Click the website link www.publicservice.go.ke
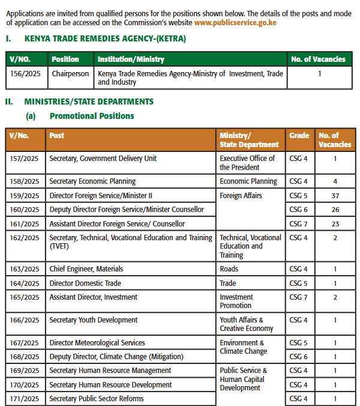click(235, 22)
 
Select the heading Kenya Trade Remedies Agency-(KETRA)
click(105, 39)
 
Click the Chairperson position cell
click(70, 74)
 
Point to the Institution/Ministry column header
click(131, 59)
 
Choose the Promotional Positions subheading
click(92, 116)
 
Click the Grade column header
click(299, 136)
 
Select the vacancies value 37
click(335, 195)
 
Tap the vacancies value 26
click(335, 210)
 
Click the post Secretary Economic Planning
click(92, 181)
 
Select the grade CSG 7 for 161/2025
click(299, 224)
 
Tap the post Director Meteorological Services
click(97, 343)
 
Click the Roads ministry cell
click(229, 269)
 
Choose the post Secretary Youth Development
click(93, 320)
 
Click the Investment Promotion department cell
click(236, 301)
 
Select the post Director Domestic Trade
click(85, 283)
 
